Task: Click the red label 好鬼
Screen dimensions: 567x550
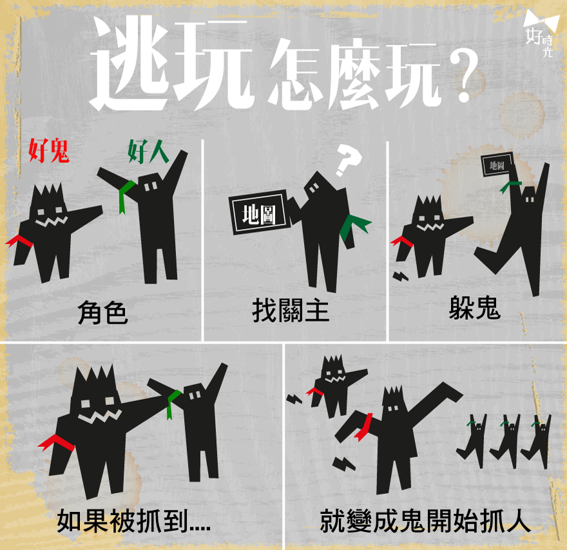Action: tap(49, 150)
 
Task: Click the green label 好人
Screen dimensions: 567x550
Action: tap(148, 152)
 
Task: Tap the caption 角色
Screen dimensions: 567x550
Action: tap(102, 313)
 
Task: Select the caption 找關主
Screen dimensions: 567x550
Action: tap(291, 310)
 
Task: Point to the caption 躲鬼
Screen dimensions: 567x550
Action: tap(475, 308)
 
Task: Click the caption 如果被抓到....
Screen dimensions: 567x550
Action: tap(134, 521)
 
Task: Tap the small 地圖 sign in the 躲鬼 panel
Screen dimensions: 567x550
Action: tap(497, 165)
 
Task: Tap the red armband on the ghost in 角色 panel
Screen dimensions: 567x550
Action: tap(19, 241)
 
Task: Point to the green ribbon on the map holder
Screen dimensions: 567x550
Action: tap(354, 226)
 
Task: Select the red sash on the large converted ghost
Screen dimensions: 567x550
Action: tap(364, 427)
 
